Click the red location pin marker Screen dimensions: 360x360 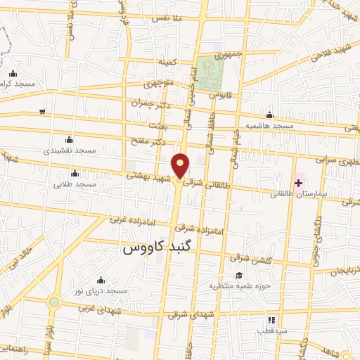181,166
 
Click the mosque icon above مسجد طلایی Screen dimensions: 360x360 75,173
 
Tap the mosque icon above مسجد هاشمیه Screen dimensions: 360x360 269,115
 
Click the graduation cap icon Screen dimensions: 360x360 238,276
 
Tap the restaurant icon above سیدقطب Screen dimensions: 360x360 271,320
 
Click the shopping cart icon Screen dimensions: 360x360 43,111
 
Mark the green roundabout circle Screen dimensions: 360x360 54,302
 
